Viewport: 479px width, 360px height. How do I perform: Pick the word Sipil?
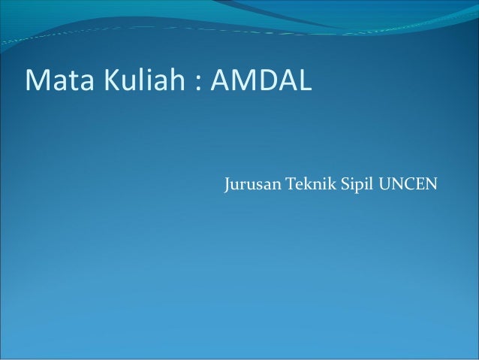click(357, 183)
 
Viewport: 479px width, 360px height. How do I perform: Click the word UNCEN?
click(408, 183)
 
